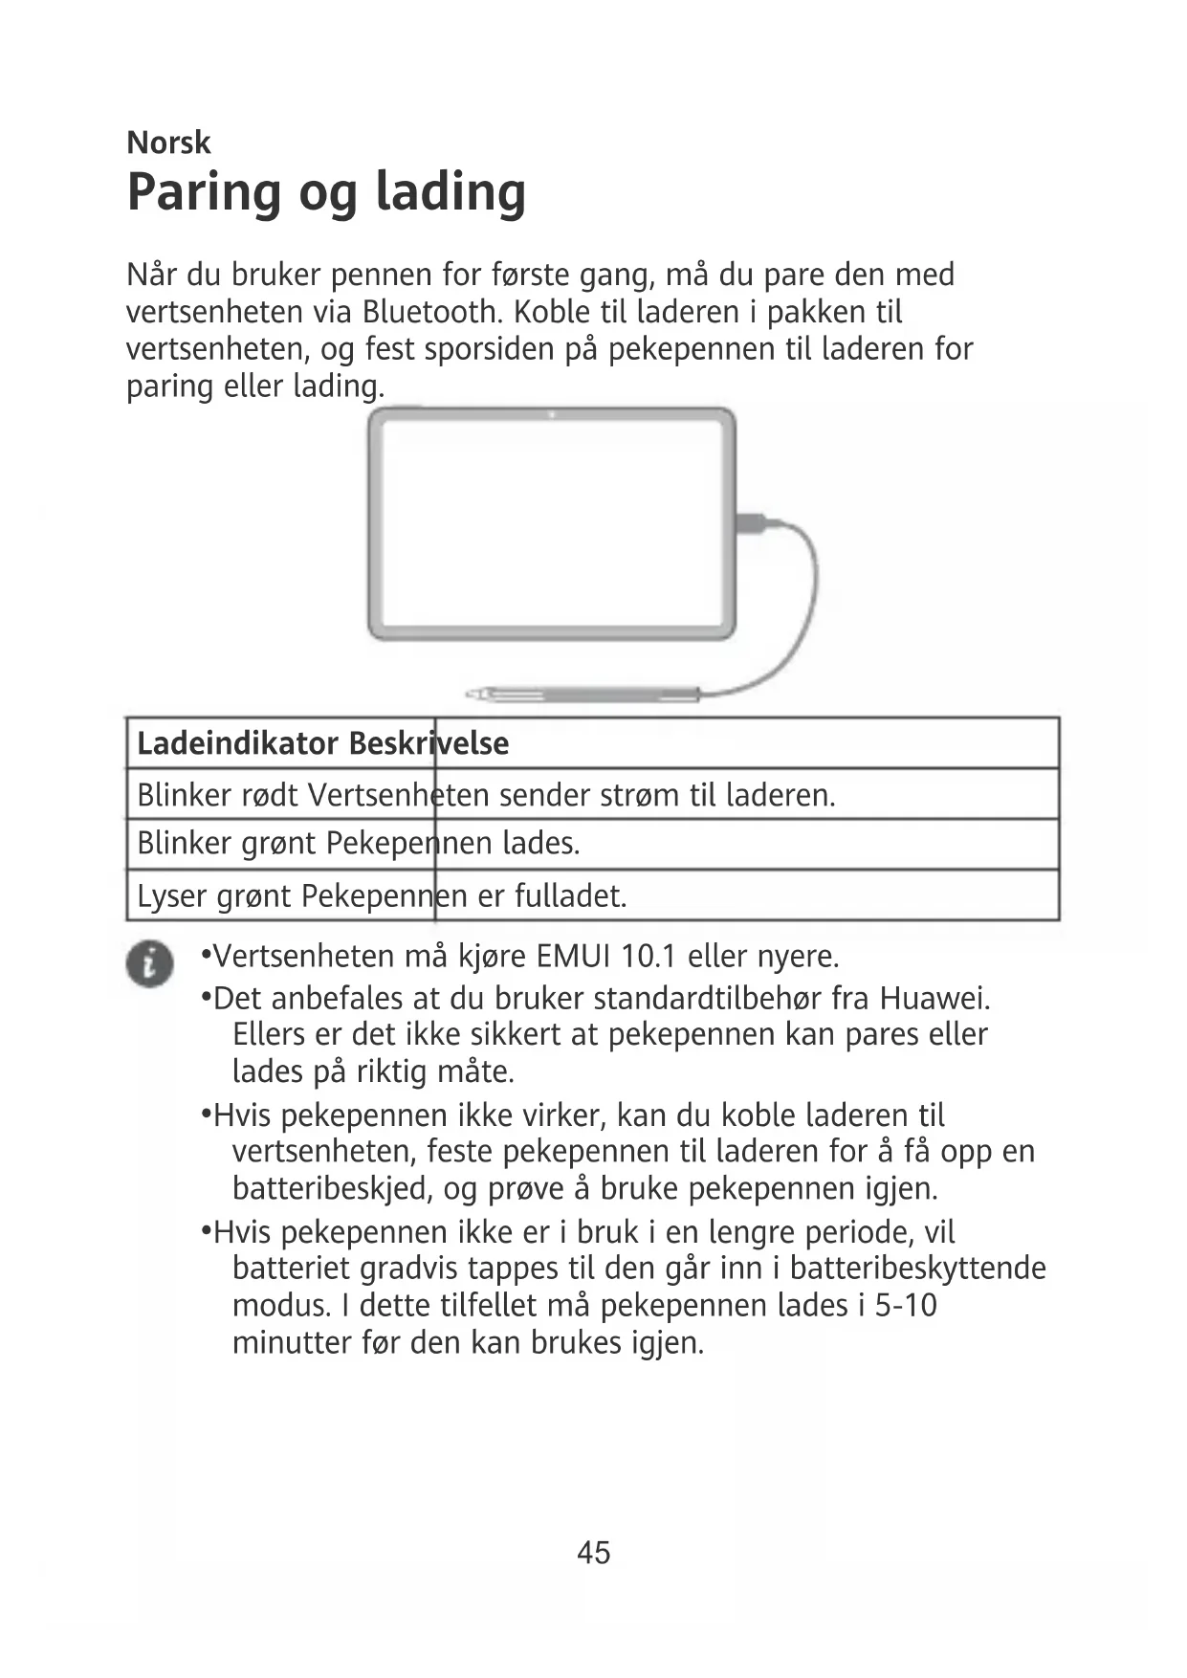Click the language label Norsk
[168, 144]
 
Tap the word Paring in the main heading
[203, 194]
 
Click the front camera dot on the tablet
[552, 414]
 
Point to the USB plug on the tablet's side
[750, 523]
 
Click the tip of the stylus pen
[472, 692]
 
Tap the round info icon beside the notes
[149, 962]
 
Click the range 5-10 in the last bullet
[905, 1306]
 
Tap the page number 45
[593, 1552]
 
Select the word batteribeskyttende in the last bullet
[918, 1269]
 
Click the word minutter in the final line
[292, 1343]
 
